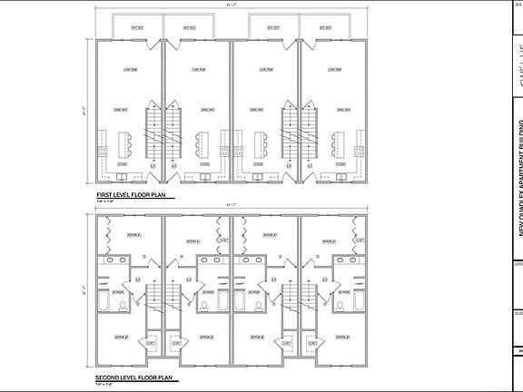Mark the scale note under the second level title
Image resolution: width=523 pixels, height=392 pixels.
pyautogui.click(x=110, y=383)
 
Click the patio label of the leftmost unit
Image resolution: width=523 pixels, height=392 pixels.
pyautogui.click(x=137, y=27)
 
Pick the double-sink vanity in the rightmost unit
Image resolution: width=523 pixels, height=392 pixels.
pyautogui.click(x=346, y=260)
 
